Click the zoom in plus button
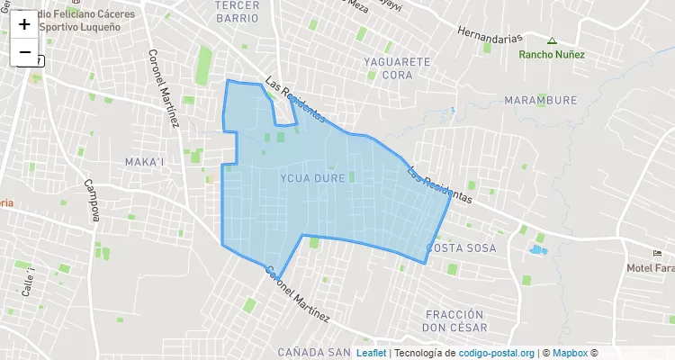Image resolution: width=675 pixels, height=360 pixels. coord(24,24)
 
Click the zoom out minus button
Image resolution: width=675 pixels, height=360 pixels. coord(24,52)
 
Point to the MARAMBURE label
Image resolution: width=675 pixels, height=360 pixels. coord(540,100)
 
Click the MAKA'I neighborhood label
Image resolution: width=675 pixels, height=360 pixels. coord(144,161)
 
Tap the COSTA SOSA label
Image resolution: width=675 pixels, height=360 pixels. coord(461,247)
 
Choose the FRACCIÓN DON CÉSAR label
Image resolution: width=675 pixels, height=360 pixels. coord(461,319)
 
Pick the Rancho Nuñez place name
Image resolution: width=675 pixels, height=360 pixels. coord(552,54)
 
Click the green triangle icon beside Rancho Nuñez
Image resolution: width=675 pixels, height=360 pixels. coord(552,40)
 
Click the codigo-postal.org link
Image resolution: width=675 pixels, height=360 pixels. coord(497,353)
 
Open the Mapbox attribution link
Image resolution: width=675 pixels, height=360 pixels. coord(571,353)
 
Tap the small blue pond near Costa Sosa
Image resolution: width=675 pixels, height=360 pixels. coord(537,248)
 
